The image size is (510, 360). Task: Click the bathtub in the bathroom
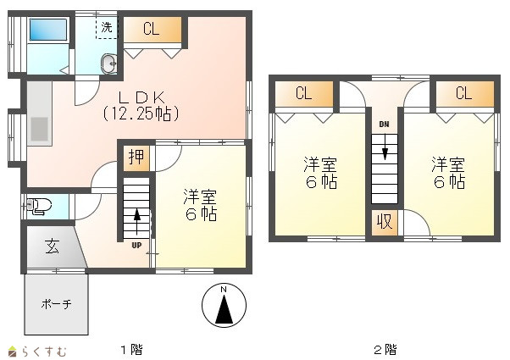tap(48, 30)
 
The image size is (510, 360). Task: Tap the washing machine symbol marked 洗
tap(107, 28)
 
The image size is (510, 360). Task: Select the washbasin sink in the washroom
tap(108, 64)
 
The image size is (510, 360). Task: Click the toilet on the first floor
tap(39, 207)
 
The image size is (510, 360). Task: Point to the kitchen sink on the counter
tap(39, 129)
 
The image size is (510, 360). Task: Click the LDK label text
tap(141, 98)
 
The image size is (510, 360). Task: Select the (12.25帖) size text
tap(141, 114)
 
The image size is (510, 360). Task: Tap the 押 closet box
tap(136, 158)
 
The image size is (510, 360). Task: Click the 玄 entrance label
tap(53, 246)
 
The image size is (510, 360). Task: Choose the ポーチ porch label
tap(56, 304)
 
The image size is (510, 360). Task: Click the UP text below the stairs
tap(136, 246)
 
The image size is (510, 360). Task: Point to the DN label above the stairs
tap(384, 125)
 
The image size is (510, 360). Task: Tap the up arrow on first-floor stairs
tap(137, 222)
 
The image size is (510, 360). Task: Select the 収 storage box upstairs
tap(385, 223)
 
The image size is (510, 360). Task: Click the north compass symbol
tap(224, 305)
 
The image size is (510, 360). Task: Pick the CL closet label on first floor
tap(152, 29)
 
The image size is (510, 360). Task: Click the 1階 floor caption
tap(131, 350)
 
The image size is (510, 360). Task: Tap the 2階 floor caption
tap(385, 350)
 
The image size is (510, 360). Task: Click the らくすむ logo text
tap(44, 352)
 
